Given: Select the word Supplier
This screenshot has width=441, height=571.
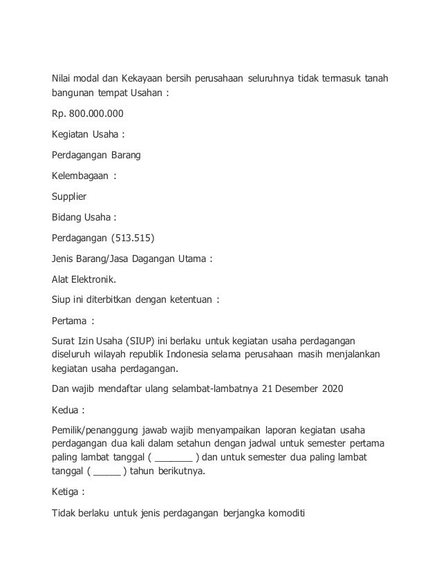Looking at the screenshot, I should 69,196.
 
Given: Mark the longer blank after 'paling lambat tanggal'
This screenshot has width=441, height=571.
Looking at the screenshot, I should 174,458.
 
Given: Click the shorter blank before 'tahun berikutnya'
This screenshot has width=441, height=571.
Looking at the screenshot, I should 105,471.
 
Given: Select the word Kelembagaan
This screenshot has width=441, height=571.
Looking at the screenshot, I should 80,176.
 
